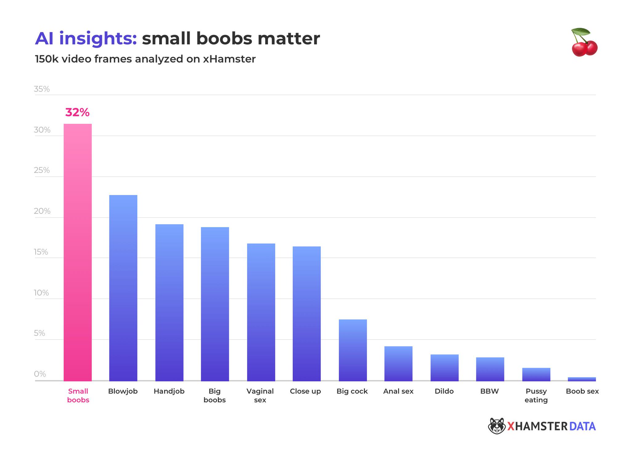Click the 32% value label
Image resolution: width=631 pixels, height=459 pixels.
pyautogui.click(x=77, y=112)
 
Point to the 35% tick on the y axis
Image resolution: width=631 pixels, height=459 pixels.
pyautogui.click(x=42, y=89)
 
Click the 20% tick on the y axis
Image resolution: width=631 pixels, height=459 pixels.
pyautogui.click(x=42, y=211)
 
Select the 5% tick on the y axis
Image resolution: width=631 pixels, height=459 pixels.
pyautogui.click(x=39, y=333)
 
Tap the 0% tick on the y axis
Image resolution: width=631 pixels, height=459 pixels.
pyautogui.click(x=40, y=374)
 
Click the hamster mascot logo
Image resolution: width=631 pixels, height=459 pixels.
pyautogui.click(x=496, y=426)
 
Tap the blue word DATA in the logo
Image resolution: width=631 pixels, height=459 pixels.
pyautogui.click(x=582, y=426)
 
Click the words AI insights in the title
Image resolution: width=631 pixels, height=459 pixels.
pyautogui.click(x=86, y=39)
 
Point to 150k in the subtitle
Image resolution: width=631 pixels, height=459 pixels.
pyautogui.click(x=47, y=59)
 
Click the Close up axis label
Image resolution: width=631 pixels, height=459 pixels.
pyautogui.click(x=305, y=391)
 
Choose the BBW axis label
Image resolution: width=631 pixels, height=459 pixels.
pyautogui.click(x=489, y=391)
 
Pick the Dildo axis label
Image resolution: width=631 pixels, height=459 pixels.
pyautogui.click(x=444, y=391)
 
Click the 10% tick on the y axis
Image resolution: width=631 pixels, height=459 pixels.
pyautogui.click(x=41, y=293)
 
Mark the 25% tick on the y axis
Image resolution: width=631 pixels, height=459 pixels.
pyautogui.click(x=42, y=170)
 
